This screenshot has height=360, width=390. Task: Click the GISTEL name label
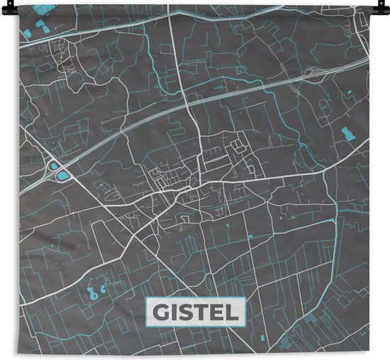click(194, 312)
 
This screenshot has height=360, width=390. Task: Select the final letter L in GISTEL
click(233, 312)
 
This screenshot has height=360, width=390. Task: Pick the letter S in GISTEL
click(186, 312)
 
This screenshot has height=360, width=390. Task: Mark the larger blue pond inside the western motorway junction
click(64, 174)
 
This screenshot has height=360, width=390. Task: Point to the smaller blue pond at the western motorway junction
click(53, 164)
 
